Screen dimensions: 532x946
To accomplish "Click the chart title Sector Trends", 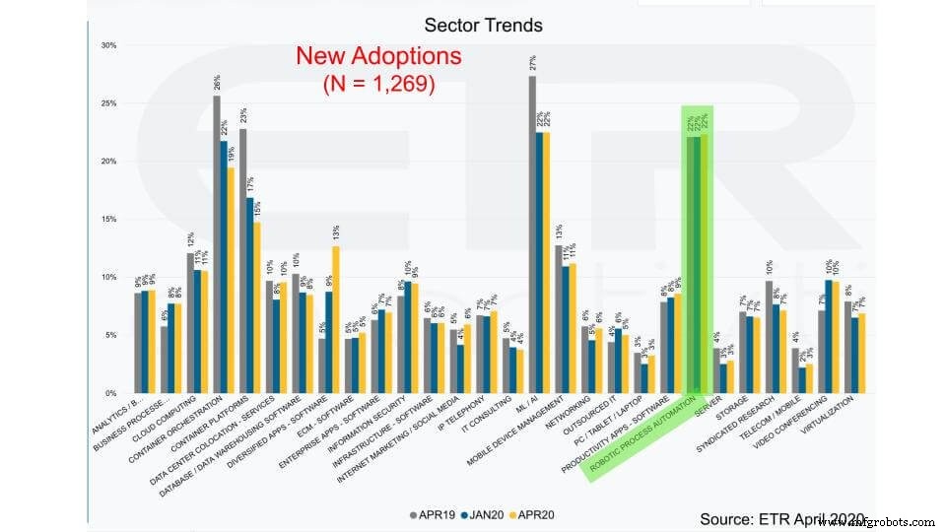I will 483,24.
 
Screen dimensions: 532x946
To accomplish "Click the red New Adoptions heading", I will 378,56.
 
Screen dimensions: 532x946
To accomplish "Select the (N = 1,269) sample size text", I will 378,85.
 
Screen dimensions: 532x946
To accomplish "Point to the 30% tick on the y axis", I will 108,45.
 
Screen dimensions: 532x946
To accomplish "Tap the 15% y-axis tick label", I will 108,220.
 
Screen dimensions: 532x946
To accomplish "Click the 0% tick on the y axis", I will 110,393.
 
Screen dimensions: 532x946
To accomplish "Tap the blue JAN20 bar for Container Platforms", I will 250,296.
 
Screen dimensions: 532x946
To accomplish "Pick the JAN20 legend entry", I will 490,514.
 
